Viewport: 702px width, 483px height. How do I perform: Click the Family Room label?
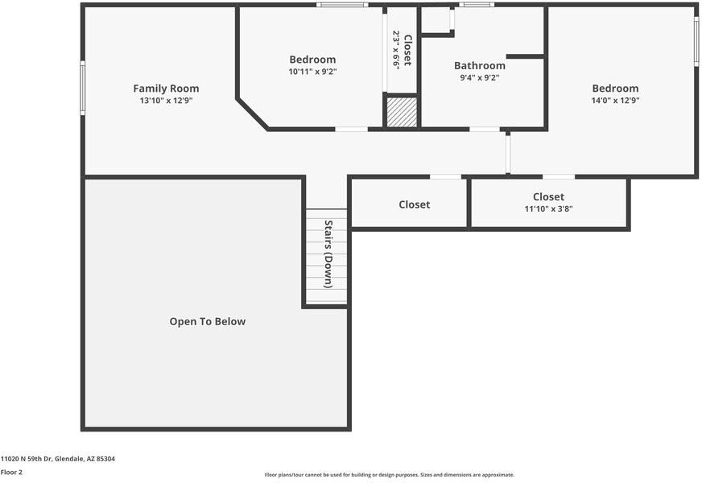(166, 89)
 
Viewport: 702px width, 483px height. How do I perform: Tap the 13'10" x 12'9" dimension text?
(166, 101)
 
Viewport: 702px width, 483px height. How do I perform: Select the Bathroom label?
(480, 66)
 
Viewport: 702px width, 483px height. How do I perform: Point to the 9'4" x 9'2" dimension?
(480, 79)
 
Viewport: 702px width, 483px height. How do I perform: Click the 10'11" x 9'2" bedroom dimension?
(312, 72)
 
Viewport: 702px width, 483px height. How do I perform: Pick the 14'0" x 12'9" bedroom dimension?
(615, 101)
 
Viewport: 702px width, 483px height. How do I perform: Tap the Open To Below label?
(207, 322)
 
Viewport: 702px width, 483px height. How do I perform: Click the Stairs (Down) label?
(328, 254)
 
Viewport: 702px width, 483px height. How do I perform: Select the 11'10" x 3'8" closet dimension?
(548, 209)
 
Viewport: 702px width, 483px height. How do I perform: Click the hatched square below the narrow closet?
(402, 112)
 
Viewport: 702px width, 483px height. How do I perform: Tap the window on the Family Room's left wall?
(82, 88)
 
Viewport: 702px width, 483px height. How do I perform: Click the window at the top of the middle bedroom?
(342, 5)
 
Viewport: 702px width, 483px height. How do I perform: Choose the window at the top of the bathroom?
(477, 5)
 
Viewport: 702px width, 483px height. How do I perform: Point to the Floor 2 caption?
(12, 472)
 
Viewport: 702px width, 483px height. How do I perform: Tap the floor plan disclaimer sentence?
(389, 475)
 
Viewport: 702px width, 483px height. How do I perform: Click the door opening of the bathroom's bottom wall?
(485, 129)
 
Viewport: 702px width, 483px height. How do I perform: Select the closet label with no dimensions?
(415, 205)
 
